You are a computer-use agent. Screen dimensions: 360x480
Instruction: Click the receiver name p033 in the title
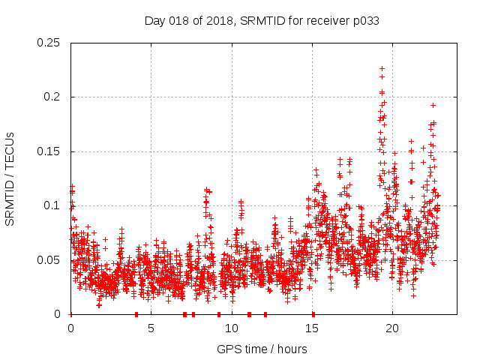[364, 21]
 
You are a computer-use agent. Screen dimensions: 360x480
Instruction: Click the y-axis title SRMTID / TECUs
[10, 178]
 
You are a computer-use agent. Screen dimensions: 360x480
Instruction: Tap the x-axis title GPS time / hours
[262, 349]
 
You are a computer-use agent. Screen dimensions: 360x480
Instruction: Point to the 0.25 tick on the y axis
[49, 43]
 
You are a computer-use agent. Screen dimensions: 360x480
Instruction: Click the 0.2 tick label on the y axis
[52, 97]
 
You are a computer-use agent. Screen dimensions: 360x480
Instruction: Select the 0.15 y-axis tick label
[49, 151]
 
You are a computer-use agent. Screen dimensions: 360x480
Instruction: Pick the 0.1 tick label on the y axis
[52, 205]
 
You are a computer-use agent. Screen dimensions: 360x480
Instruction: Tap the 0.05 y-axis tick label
[49, 260]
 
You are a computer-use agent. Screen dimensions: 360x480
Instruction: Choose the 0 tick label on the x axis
[70, 328]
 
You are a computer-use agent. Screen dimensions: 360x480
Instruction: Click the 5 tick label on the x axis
[151, 328]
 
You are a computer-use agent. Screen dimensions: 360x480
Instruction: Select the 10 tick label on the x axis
[231, 328]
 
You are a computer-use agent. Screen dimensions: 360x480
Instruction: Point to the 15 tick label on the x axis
[311, 328]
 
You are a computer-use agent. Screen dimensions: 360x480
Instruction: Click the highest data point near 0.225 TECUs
[382, 69]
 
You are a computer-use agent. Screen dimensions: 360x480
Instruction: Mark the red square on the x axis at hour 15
[313, 314]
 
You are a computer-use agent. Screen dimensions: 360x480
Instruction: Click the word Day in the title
[154, 21]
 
